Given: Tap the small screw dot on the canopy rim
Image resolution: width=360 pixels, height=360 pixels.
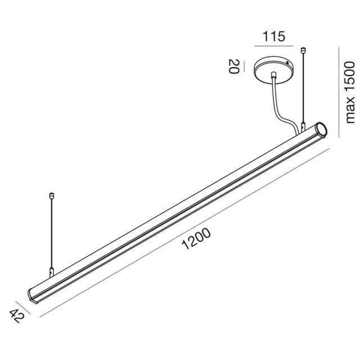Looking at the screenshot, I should (287, 63).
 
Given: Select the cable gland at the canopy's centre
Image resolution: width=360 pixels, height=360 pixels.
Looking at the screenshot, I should (274, 75).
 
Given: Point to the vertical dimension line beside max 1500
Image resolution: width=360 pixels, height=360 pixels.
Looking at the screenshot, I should (339, 92).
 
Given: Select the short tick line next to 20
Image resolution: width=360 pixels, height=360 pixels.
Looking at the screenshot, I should (244, 66).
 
